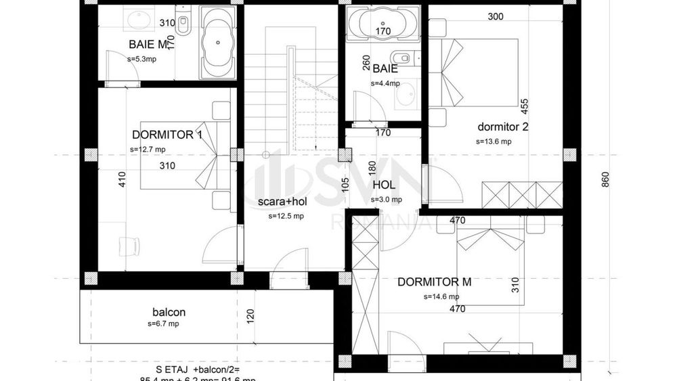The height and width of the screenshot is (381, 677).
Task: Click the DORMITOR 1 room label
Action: coord(167,135)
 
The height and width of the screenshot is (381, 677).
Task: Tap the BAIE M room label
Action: coord(147,45)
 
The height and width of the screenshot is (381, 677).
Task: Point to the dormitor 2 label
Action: coord(502,127)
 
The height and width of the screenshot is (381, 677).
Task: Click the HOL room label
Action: coord(383,185)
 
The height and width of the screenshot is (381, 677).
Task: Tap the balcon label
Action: coord(169,313)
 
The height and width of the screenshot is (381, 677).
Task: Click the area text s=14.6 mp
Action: coord(441,296)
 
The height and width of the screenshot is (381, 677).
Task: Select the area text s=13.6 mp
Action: coord(494,141)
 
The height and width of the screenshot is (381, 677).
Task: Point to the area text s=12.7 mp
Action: coord(148,150)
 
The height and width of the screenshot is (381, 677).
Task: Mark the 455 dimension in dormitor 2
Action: coord(524,106)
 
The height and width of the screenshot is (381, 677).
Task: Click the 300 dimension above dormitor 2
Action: coord(496,16)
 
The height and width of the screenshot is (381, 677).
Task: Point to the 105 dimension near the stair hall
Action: coord(345,185)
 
